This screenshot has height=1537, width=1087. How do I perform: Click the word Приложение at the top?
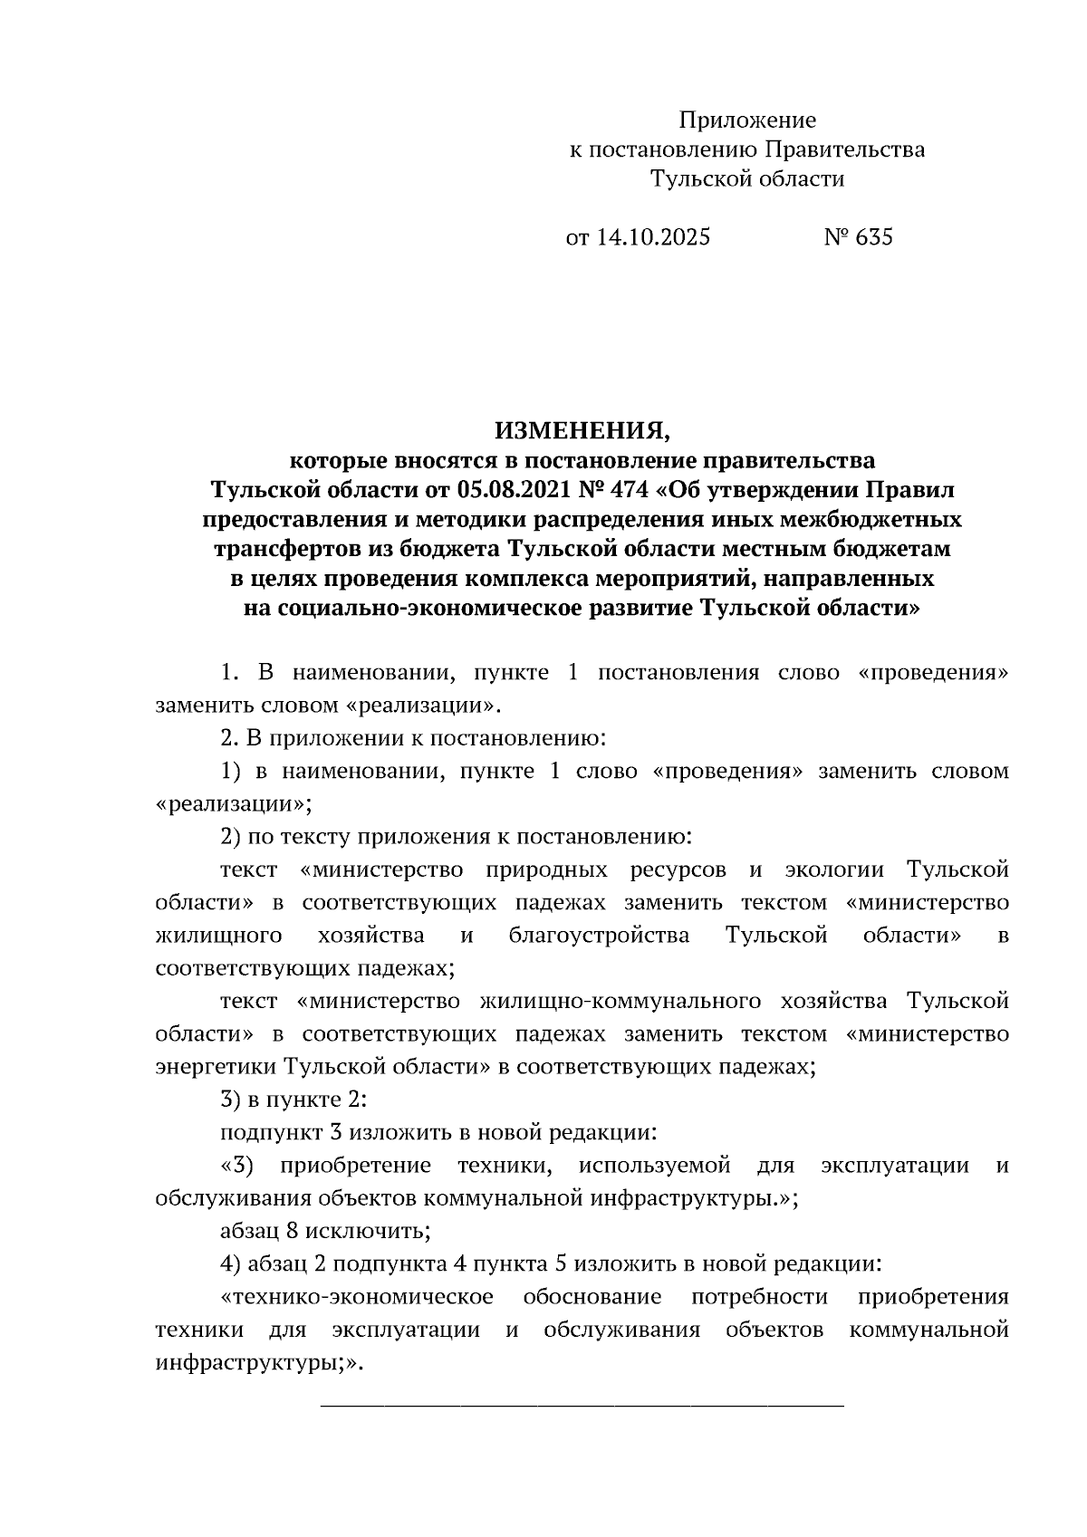[747, 120]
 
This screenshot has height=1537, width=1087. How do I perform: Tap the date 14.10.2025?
[652, 237]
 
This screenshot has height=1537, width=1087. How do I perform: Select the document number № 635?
[857, 237]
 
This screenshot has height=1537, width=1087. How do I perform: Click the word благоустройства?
[599, 936]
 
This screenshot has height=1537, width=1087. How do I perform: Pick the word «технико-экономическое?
[356, 1297]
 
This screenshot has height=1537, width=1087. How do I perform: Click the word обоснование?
[592, 1297]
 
